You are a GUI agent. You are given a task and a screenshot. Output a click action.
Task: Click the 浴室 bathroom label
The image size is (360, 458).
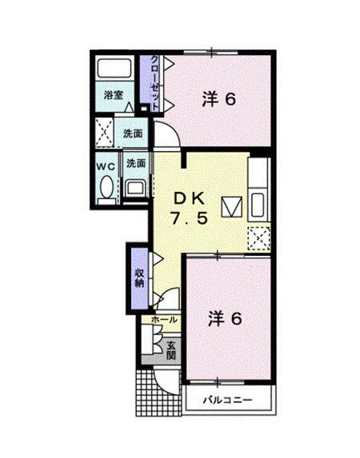[113, 94]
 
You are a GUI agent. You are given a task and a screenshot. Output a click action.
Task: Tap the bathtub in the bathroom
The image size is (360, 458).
[114, 69]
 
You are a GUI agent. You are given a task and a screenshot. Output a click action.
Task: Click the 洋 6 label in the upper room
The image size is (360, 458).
[218, 100]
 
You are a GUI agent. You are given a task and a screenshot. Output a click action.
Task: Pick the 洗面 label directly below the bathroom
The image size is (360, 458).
[133, 133]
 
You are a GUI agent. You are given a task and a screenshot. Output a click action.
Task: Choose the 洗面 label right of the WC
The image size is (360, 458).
[135, 164]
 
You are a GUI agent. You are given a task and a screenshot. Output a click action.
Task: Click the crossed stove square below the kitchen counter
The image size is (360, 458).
[259, 237]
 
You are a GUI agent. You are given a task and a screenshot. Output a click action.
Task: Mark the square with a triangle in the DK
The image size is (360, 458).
[230, 207]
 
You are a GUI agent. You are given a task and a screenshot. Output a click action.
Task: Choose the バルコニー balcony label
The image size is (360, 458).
[226, 398]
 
